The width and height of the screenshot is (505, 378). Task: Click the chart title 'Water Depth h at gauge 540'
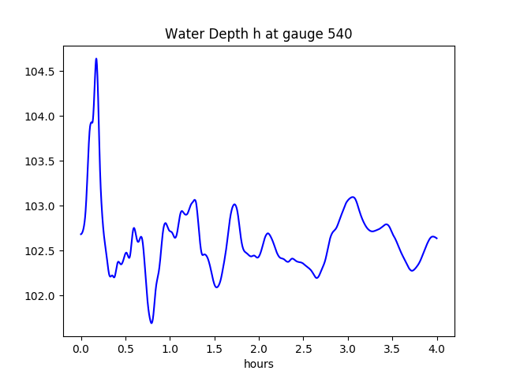[x=258, y=35]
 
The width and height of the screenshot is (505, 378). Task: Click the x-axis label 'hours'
[x=259, y=365]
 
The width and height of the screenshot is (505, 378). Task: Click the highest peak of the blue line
[x=96, y=58]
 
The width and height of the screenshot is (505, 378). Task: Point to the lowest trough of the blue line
[x=151, y=323]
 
